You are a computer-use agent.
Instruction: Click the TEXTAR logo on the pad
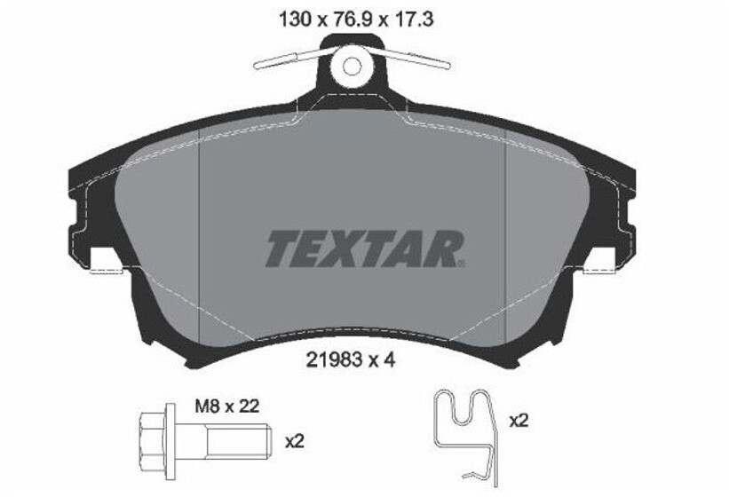click(x=364, y=249)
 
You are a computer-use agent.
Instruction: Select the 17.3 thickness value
click(x=412, y=17)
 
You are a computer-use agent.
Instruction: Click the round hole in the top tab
click(x=353, y=65)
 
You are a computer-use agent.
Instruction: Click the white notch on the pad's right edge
click(x=600, y=258)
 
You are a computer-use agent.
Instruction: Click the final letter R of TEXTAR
click(x=445, y=249)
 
